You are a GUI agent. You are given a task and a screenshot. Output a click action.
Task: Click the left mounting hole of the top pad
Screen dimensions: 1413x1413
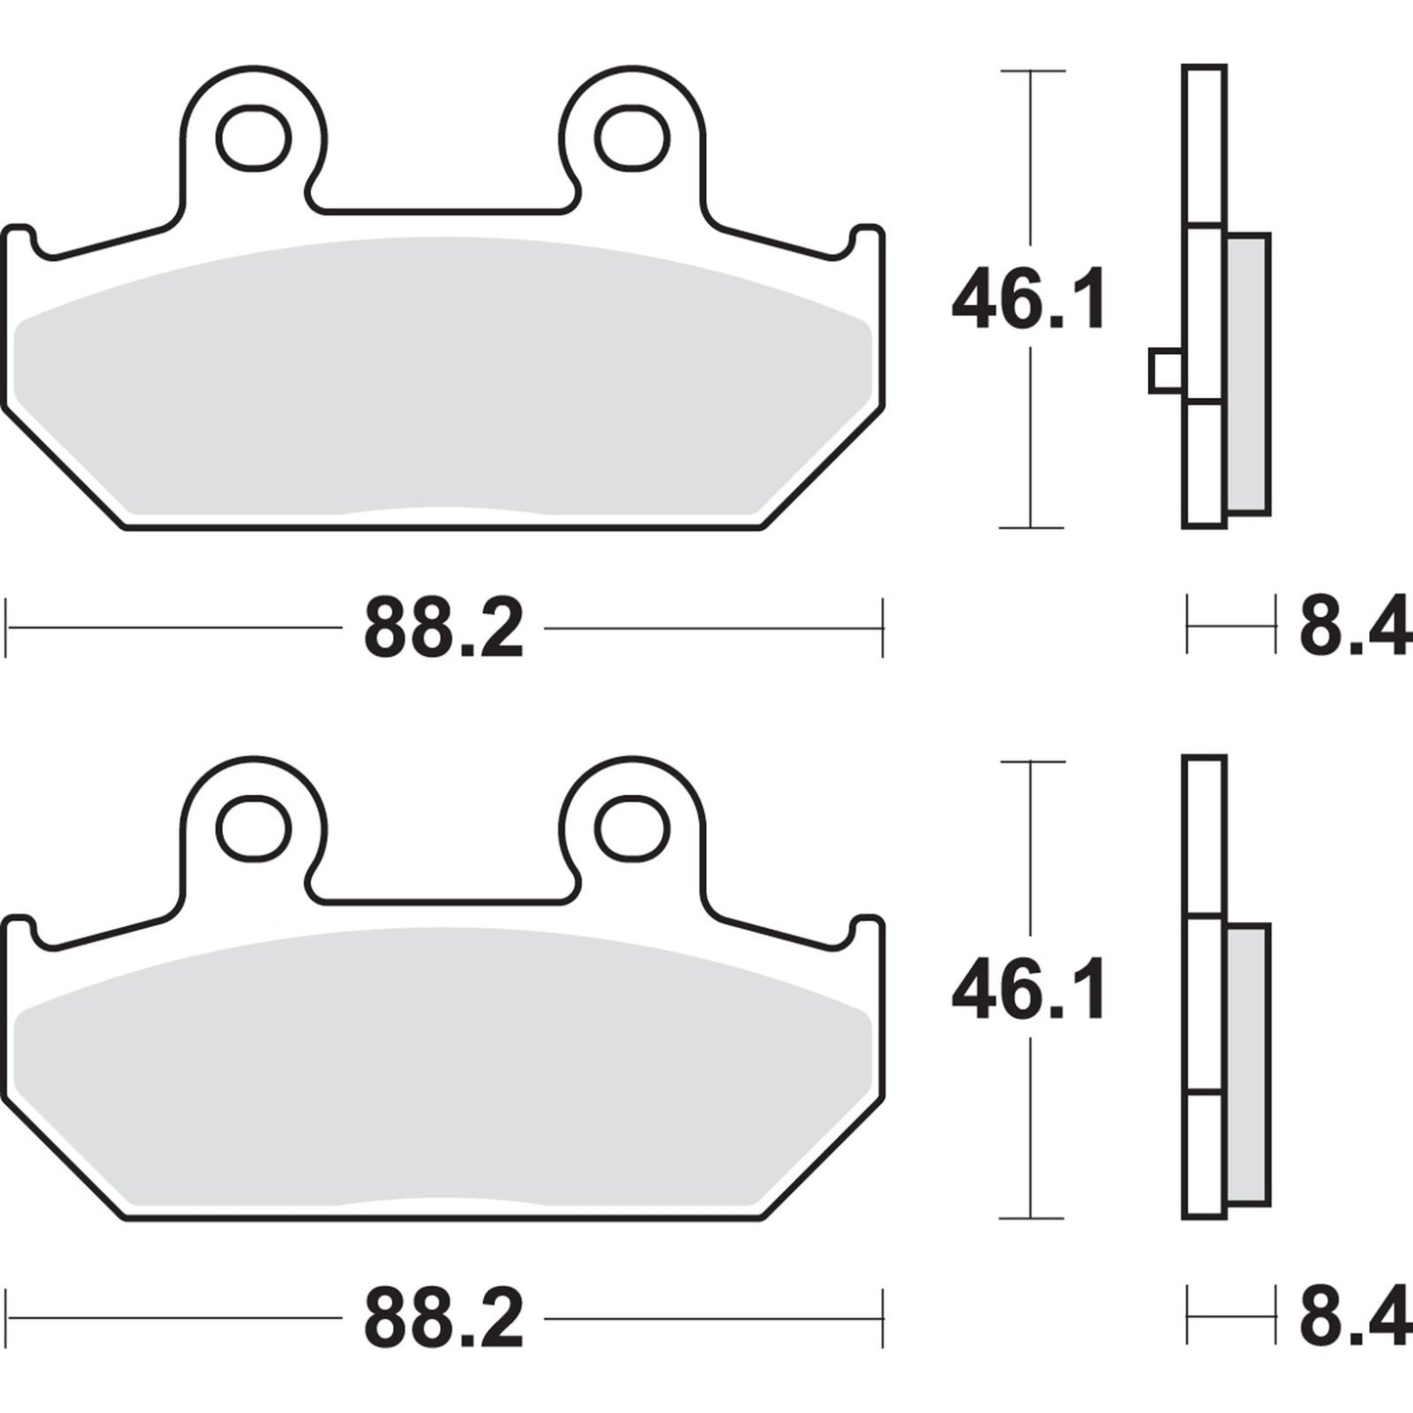[x=254, y=138]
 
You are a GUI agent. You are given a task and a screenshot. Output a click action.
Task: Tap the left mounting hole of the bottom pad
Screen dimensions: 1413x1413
[x=254, y=828]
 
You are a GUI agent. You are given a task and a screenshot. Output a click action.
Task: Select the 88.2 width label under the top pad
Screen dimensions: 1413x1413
[x=444, y=630]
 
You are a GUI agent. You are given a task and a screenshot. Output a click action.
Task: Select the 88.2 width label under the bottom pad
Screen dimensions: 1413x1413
[x=444, y=1320]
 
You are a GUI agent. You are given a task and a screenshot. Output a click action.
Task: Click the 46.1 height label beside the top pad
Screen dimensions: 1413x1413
[x=1029, y=300]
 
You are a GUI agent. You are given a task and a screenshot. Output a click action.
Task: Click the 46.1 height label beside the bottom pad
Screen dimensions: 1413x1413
[x=1029, y=991]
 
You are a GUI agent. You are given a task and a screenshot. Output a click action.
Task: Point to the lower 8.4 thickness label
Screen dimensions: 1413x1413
[x=1354, y=1318]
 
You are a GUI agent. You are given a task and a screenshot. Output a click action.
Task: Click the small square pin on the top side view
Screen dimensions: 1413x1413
[x=1166, y=372]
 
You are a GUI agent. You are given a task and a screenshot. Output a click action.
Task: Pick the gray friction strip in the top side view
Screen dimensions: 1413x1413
[x=1248, y=374]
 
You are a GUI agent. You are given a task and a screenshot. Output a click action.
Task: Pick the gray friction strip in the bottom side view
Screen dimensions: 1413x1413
[x=1248, y=1064]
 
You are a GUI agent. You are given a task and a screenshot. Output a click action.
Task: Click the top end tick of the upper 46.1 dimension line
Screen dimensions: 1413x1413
[x=1032, y=71]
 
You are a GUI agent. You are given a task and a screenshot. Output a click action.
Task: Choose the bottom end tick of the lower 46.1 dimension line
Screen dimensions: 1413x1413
[x=1032, y=1218]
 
